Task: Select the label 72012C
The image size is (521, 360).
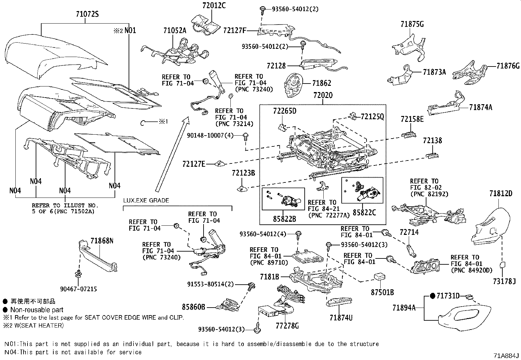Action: (x=214, y=6)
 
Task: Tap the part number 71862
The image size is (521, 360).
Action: (x=321, y=84)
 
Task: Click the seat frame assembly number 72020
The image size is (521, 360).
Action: (x=323, y=96)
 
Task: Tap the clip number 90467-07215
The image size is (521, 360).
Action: (x=78, y=289)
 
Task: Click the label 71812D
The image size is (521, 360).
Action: (x=501, y=194)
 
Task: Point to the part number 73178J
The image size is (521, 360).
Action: (x=504, y=281)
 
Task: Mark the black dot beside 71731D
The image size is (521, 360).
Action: (x=432, y=296)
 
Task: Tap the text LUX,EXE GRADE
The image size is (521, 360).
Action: (x=146, y=200)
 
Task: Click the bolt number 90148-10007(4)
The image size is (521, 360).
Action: (x=215, y=135)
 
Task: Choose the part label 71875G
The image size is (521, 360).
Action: (x=412, y=24)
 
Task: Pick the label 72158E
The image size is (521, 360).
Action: (x=412, y=120)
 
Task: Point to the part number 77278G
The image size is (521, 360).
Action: (x=288, y=326)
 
